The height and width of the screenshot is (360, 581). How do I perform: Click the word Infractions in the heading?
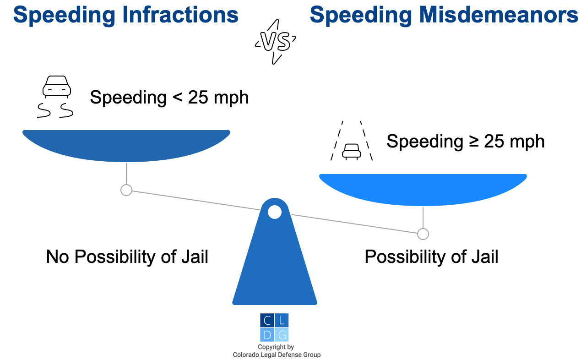tap(180, 15)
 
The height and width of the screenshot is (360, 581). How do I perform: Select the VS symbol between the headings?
tap(275, 42)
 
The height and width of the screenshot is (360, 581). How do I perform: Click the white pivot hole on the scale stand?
tap(275, 212)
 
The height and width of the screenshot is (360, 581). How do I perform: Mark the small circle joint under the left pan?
tap(126, 190)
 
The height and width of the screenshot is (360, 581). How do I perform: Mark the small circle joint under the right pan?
tap(423, 234)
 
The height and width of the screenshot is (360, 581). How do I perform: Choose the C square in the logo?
tap(267, 321)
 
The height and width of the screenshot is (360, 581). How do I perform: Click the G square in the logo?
tap(282, 335)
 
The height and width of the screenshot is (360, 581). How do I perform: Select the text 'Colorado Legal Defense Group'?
tap(277, 355)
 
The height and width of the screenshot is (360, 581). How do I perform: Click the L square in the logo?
tap(282, 321)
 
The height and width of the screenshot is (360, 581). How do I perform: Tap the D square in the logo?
tap(267, 335)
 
